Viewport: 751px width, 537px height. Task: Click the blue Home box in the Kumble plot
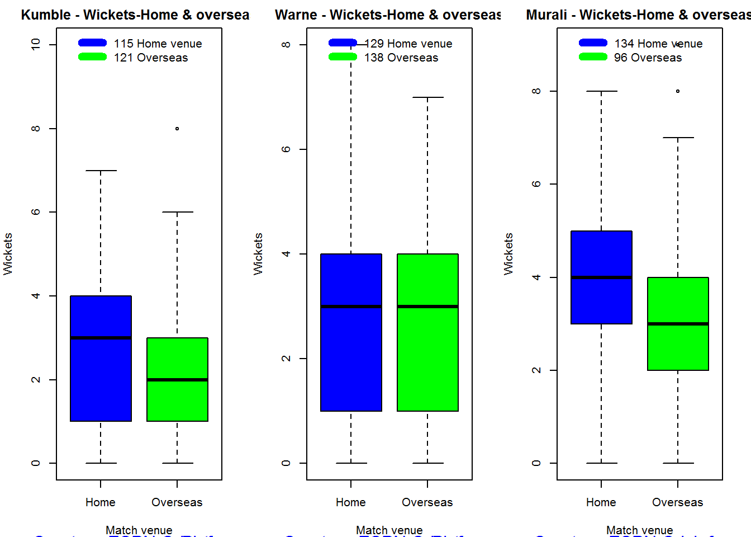101,380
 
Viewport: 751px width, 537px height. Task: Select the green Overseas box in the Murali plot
678,347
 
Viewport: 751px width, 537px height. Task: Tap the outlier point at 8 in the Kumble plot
177,129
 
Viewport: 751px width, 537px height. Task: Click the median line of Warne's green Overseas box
427,307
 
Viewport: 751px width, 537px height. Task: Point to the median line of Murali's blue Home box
601,277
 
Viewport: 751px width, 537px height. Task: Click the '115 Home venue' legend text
158,44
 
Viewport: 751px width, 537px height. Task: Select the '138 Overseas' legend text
401,58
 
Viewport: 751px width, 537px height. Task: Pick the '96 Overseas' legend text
648,58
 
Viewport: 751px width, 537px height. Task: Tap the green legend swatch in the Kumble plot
92,56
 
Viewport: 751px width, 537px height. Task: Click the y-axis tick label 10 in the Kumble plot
36,44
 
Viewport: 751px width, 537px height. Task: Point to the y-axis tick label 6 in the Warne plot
286,149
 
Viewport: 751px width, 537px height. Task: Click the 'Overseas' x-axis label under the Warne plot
427,502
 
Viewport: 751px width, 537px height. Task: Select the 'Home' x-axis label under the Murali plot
601,502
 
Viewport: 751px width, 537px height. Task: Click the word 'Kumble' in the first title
46,15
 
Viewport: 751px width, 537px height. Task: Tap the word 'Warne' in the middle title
296,15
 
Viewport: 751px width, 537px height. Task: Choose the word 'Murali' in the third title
546,15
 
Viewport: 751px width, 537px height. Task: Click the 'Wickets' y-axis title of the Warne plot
258,254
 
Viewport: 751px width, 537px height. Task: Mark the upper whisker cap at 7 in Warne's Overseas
427,97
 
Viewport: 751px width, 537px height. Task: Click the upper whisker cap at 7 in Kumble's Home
101,171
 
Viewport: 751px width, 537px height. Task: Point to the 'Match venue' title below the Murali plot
639,530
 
